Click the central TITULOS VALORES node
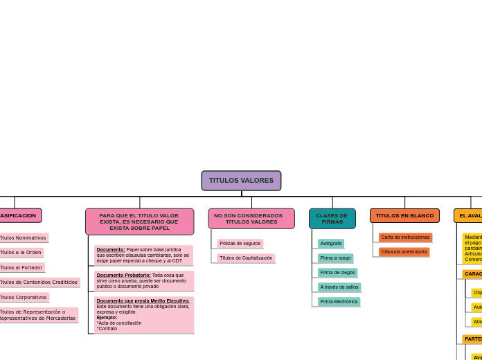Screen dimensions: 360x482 coord(241,181)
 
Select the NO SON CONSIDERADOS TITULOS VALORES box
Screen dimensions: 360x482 coord(251,219)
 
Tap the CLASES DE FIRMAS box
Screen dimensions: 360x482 coord(332,219)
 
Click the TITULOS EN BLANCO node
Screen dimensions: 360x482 coord(404,216)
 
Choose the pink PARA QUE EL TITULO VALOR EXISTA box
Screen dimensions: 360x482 coord(139,222)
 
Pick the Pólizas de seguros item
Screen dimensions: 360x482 coord(240,244)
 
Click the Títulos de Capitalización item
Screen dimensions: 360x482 coord(246,258)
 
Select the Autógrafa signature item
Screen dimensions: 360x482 coord(331,244)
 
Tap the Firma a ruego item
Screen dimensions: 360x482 coord(335,258)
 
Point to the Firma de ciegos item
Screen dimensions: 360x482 coord(337,273)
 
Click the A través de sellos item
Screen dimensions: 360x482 coord(339,287)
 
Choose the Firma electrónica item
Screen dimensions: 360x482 coord(339,302)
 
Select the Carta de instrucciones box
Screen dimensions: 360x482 coord(405,237)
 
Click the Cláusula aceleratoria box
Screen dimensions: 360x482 coord(404,252)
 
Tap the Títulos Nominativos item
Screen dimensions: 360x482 coord(23,238)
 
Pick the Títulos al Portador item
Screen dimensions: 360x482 coord(21,268)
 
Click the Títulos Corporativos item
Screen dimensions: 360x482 coord(23,298)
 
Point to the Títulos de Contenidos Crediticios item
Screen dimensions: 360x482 coord(38,282)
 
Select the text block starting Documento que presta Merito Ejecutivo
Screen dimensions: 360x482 coord(144,315)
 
